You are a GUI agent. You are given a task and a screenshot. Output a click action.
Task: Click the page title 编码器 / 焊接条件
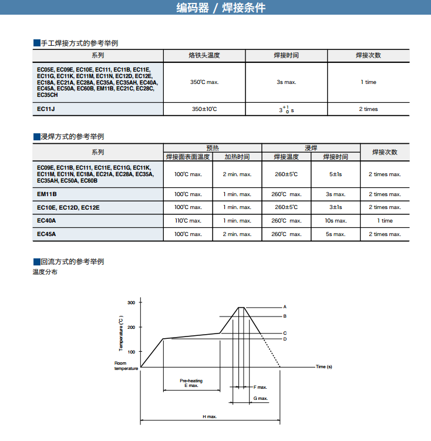click(221, 8)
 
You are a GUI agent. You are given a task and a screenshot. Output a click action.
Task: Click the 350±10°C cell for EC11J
click(204, 109)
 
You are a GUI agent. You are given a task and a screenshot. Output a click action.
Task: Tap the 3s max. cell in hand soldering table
click(286, 82)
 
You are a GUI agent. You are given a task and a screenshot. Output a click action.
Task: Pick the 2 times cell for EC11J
click(368, 109)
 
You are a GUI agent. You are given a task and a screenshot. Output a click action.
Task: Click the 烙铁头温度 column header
click(204, 55)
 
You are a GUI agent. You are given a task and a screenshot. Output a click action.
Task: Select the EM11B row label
click(46, 194)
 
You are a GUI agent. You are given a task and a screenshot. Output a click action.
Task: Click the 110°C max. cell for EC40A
click(188, 221)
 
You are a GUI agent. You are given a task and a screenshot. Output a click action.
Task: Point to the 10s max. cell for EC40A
click(335, 221)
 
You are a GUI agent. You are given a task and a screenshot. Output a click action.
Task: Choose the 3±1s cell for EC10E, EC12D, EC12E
click(335, 207)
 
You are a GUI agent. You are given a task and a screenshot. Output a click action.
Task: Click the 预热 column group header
click(212, 148)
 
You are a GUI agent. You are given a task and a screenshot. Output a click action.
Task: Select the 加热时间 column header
click(237, 157)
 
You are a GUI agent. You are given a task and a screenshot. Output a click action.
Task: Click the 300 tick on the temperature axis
click(131, 302)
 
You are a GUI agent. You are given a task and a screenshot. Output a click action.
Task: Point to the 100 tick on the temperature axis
click(131, 352)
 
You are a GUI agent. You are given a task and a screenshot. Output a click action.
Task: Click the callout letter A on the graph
click(285, 307)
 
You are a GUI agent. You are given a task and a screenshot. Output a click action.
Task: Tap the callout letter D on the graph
click(285, 339)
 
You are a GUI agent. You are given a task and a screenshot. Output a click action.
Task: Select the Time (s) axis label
click(324, 367)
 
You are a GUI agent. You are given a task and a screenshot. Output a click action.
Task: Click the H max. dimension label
click(210, 416)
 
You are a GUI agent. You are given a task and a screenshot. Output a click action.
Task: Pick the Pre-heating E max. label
click(191, 383)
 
